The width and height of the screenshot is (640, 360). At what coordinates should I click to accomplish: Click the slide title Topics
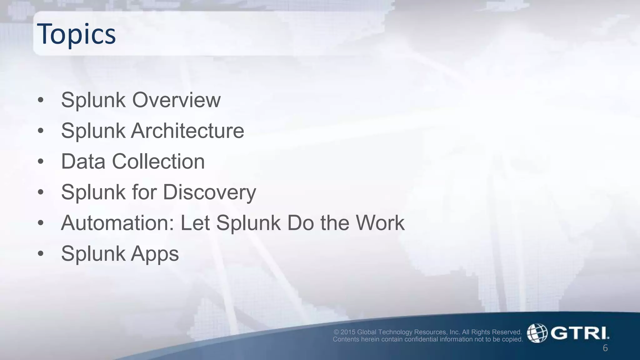76,34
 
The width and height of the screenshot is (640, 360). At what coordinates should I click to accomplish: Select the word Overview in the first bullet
176,100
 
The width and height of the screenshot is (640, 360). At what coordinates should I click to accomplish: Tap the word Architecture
187,131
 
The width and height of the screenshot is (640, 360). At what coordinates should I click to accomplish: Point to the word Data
83,162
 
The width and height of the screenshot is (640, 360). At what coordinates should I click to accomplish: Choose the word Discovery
209,192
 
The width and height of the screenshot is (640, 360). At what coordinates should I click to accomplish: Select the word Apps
155,253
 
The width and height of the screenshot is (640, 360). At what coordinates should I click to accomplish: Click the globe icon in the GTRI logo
537,333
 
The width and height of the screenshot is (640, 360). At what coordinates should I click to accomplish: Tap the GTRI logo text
580,333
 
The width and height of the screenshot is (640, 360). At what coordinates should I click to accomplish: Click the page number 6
605,348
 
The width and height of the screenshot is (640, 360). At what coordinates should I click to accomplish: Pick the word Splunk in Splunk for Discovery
93,192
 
